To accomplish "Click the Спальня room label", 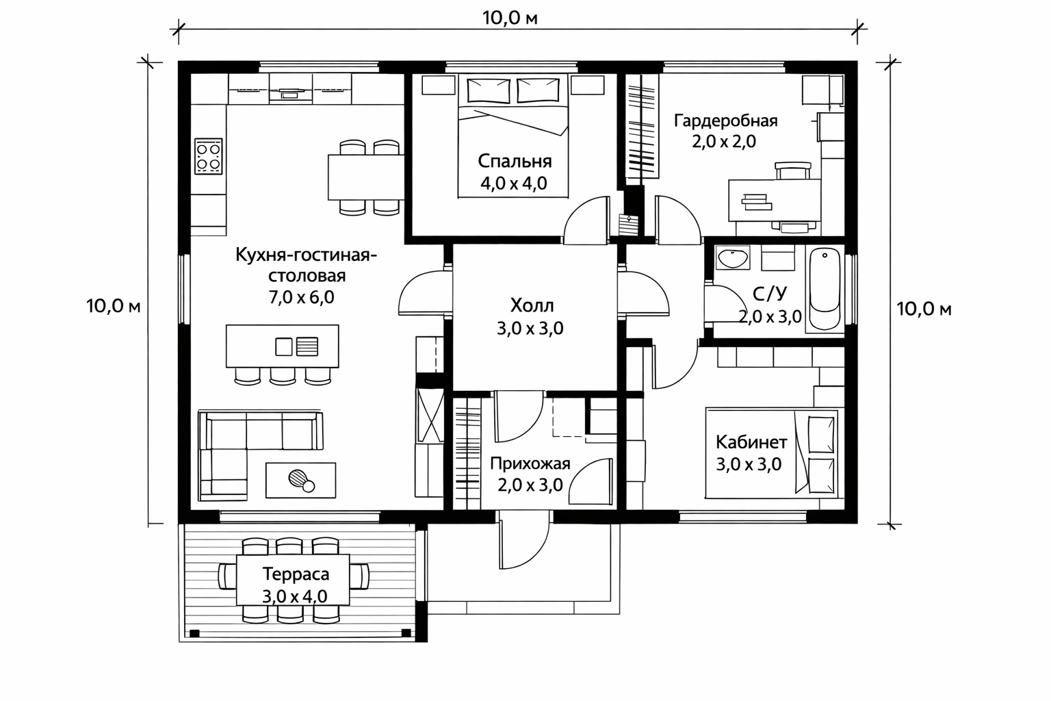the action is (x=515, y=162).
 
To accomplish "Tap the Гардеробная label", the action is (x=725, y=121).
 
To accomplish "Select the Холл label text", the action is (x=532, y=305).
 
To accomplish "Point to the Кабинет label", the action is (x=751, y=442).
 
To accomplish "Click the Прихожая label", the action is (x=530, y=464).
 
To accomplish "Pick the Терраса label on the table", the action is (x=296, y=574).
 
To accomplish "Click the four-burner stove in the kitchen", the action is (x=208, y=156).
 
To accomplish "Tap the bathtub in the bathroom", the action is (x=825, y=289).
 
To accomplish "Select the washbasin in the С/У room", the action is (x=732, y=258).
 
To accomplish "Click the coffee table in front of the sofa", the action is (x=301, y=480).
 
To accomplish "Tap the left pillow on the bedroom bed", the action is (x=488, y=90).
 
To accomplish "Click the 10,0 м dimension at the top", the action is (x=510, y=18).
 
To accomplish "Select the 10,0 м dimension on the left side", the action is (x=113, y=306).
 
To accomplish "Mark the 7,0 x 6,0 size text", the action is (x=301, y=297).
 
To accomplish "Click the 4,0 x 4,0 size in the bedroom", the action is (x=514, y=183).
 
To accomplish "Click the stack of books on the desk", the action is (x=756, y=202).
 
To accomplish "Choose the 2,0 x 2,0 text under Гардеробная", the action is (x=724, y=141).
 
